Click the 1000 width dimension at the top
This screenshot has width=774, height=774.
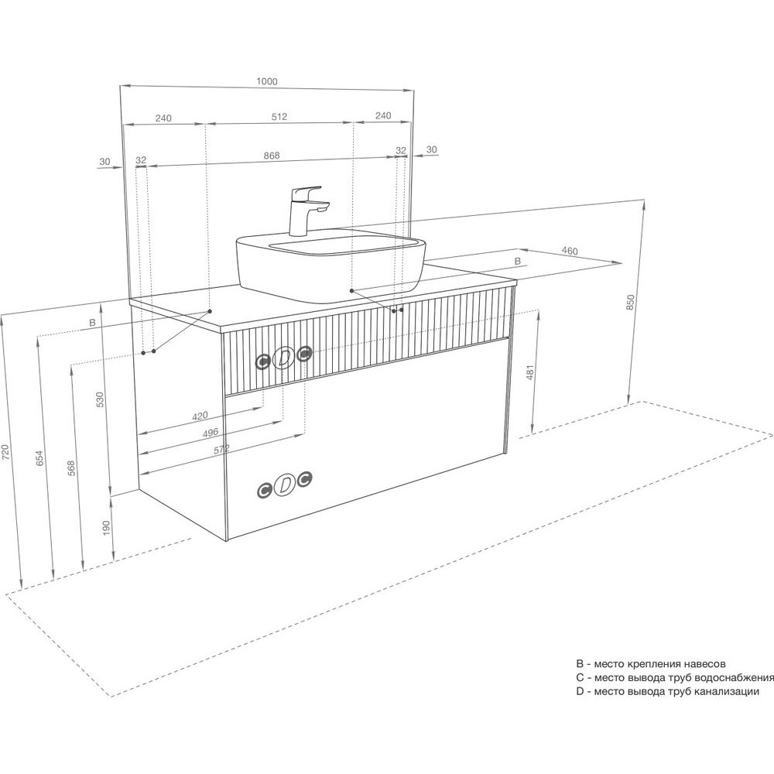coord(267,81)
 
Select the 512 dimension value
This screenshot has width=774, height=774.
coord(279,117)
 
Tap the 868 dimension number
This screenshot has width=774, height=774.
coord(272,155)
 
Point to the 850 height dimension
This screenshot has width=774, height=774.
coord(629,302)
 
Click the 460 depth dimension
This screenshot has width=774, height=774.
coord(569,251)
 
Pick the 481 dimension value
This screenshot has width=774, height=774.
coord(530,373)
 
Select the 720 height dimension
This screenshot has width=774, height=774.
coord(5,453)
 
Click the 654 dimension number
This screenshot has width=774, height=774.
coord(40,457)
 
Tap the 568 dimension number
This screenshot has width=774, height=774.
coord(71,468)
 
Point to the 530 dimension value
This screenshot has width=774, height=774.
coord(100,399)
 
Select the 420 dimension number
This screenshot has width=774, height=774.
coord(200,416)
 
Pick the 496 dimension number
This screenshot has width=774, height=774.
coord(211,433)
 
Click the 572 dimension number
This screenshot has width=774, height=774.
coord(221,450)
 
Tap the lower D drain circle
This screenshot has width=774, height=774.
coord(286,485)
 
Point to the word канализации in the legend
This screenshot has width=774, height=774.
coord(726,691)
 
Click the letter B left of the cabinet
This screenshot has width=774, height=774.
coord(92,322)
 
